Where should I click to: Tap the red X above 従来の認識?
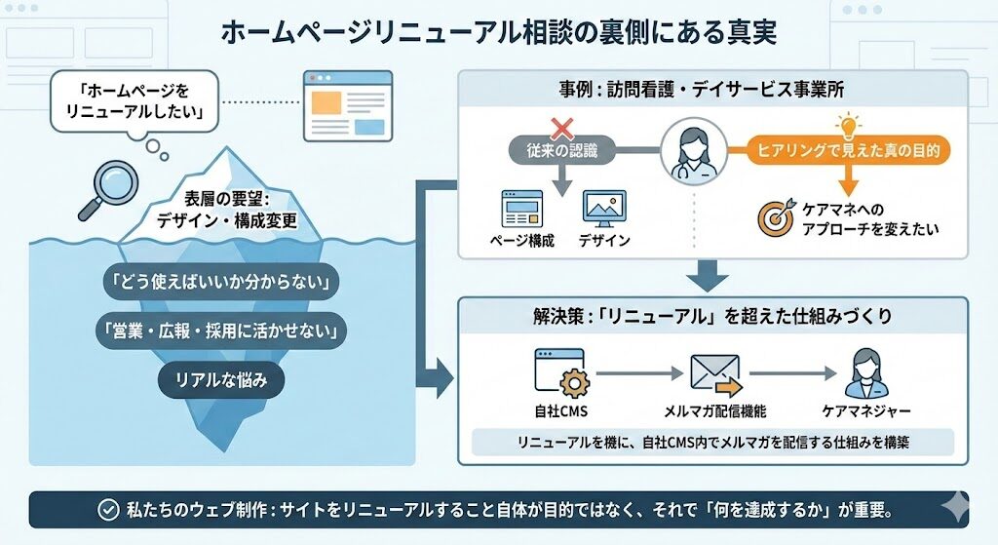[562, 127]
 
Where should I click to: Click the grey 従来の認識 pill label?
[561, 151]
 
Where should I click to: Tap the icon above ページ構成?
[521, 209]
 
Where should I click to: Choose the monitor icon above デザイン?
[603, 209]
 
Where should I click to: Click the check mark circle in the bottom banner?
[109, 510]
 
